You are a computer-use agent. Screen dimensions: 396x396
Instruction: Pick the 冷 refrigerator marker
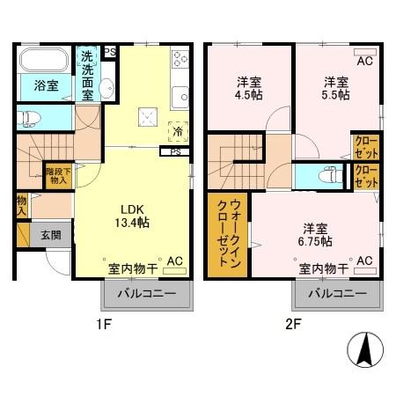pos(178,132)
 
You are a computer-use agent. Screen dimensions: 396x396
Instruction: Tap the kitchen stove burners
pos(181,60)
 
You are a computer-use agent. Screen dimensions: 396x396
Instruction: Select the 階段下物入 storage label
pos(57,176)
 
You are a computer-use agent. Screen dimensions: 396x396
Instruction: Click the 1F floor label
pos(105,324)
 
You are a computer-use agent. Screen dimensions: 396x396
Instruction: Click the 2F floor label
pos(293,324)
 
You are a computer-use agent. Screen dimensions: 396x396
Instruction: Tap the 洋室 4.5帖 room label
pos(248,90)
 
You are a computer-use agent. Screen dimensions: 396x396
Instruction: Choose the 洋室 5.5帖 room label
pos(335,90)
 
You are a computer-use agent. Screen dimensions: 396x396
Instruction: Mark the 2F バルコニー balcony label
pos(336,293)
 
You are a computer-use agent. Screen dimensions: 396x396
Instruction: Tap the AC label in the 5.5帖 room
pos(364,62)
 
